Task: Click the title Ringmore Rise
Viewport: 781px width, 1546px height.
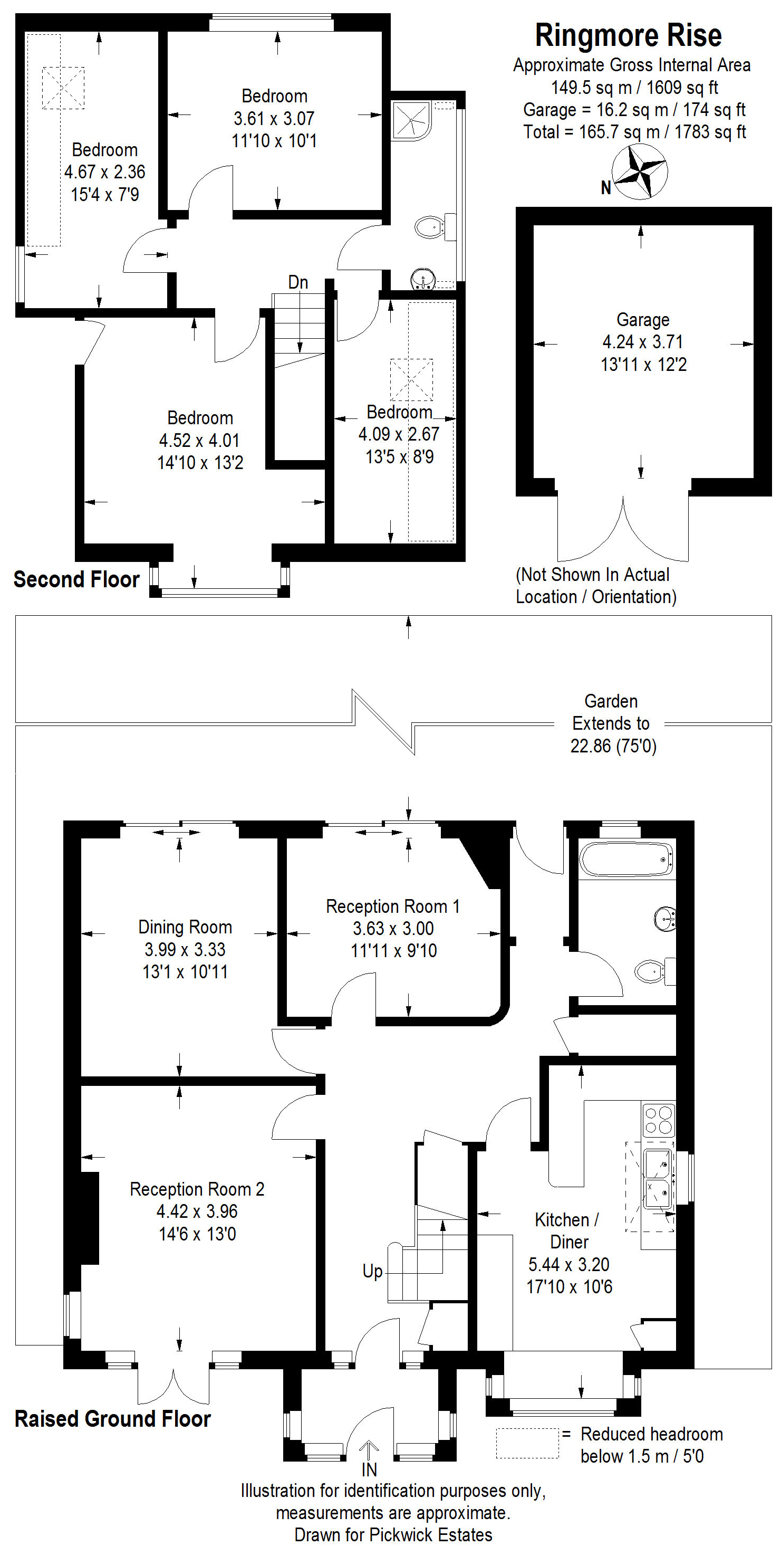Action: pyautogui.click(x=628, y=35)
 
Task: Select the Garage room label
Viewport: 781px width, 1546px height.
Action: pyautogui.click(x=643, y=320)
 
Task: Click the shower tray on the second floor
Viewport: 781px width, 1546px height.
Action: pyautogui.click(x=411, y=121)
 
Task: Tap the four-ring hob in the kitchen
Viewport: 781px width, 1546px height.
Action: pyautogui.click(x=658, y=1120)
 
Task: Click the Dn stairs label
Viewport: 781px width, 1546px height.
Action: pyautogui.click(x=298, y=282)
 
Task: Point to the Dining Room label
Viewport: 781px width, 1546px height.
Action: pyautogui.click(x=185, y=927)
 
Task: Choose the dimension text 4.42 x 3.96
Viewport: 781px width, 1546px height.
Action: pyautogui.click(x=197, y=1211)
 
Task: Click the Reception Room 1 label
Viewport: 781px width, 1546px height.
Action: pyautogui.click(x=393, y=906)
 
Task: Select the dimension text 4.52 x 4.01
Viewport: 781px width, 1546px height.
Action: pyautogui.click(x=199, y=440)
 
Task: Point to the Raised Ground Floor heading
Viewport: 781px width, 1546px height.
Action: pyautogui.click(x=113, y=1419)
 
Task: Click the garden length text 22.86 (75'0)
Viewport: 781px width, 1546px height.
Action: pyautogui.click(x=613, y=746)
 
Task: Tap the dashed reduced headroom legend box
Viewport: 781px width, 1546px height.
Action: pyautogui.click(x=527, y=1443)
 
